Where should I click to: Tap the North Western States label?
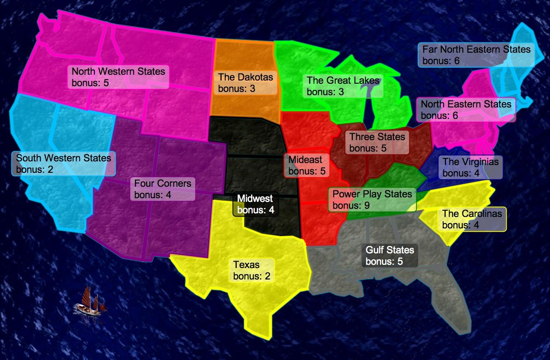pos(118,77)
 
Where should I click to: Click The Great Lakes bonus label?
pos(343,86)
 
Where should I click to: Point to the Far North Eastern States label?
pos(476,55)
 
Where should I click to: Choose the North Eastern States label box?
pos(466,110)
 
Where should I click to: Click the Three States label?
pos(377,142)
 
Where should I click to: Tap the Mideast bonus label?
pos(307,165)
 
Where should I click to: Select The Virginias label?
pos(470,167)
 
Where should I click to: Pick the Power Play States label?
pos(372,199)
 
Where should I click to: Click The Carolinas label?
pos(472,219)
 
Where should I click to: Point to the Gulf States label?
pos(389,255)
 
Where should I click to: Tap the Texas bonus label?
pos(251,270)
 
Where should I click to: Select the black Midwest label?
pos(255,204)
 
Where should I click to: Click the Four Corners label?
pos(162,189)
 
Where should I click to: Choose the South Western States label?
pos(63,163)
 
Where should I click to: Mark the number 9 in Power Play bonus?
pos(367,205)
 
